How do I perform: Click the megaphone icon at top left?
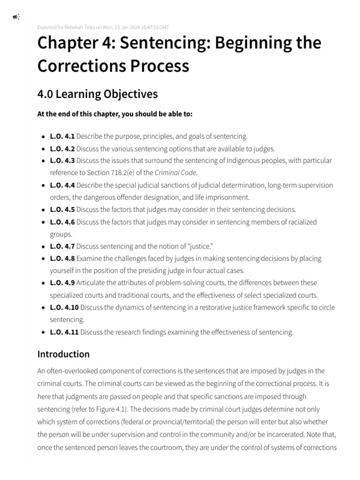coord(16,17)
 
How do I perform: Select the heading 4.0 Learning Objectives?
coord(97,94)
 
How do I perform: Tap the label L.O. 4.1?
coord(62,136)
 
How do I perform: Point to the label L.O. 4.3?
coord(62,161)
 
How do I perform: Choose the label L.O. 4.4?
coord(62,185)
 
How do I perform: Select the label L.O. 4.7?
coord(62,246)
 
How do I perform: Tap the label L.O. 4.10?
coord(64,307)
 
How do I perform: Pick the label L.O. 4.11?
coord(64,332)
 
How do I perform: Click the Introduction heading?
coord(63,354)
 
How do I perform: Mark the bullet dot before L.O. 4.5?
coord(44,210)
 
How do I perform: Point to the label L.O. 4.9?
coord(62,283)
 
